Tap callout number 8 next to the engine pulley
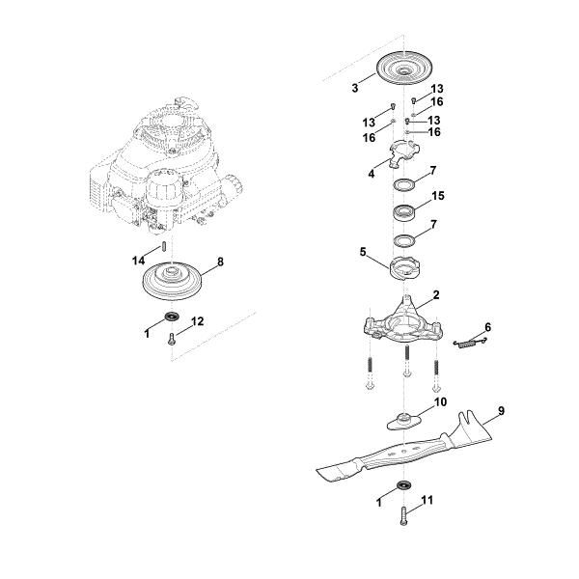coord(220,261)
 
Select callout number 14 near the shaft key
coord(137,261)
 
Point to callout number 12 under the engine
coord(198,320)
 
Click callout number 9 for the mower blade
coord(501,412)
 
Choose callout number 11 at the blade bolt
coord(428,501)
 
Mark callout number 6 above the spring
coord(488,328)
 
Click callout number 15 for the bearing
coord(438,196)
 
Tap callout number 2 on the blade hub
coord(436,294)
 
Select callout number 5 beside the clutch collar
coord(364,252)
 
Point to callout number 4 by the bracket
coord(371,175)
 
